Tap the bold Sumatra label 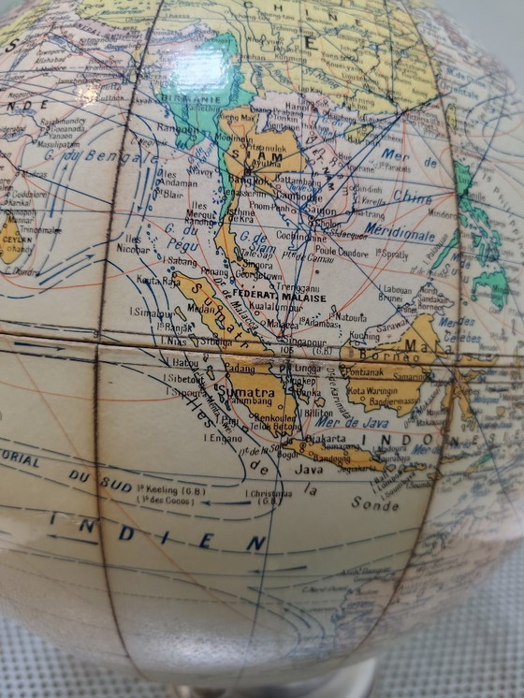pos(248,383)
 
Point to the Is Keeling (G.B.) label pos(174,488)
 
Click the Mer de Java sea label pos(357,423)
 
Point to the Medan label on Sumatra pos(198,307)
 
